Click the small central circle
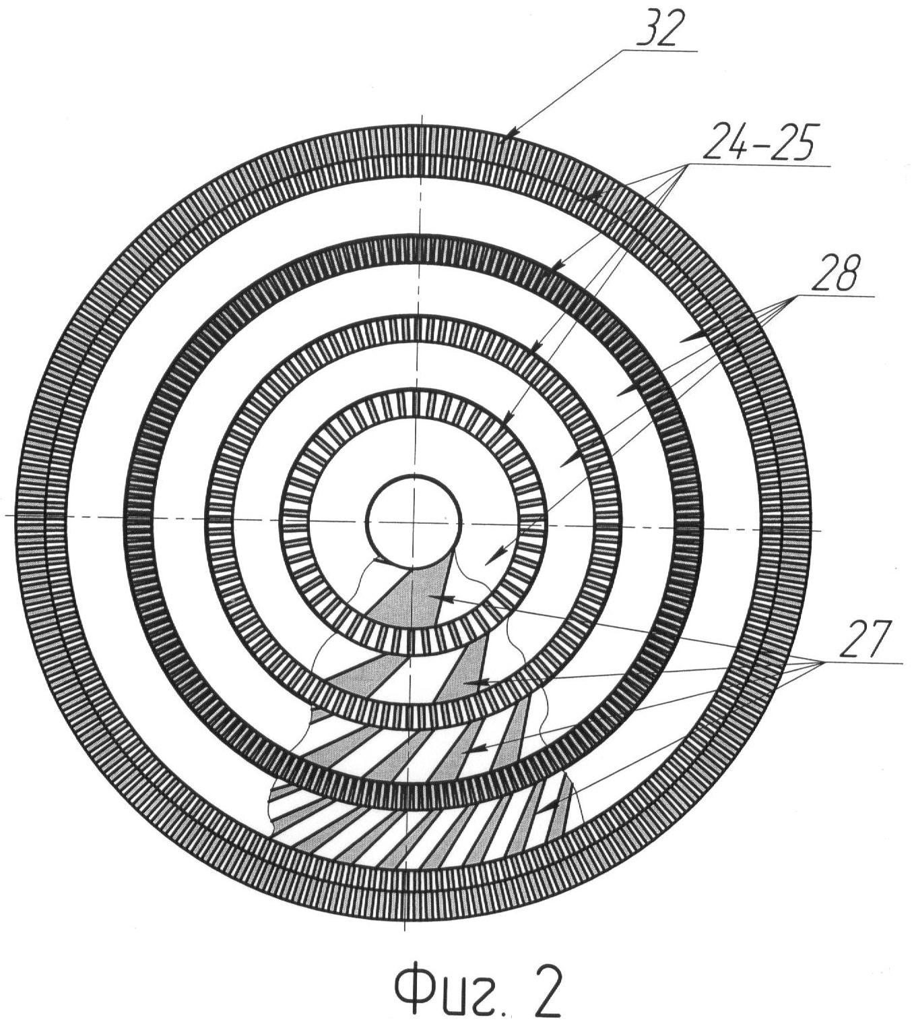[x=414, y=522]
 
